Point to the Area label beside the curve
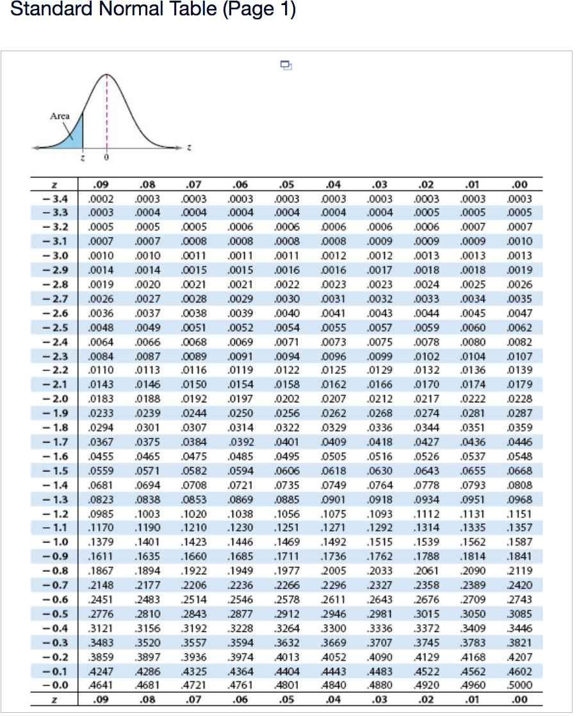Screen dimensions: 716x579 (x=60, y=116)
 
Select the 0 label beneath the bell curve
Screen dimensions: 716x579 (x=107, y=157)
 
